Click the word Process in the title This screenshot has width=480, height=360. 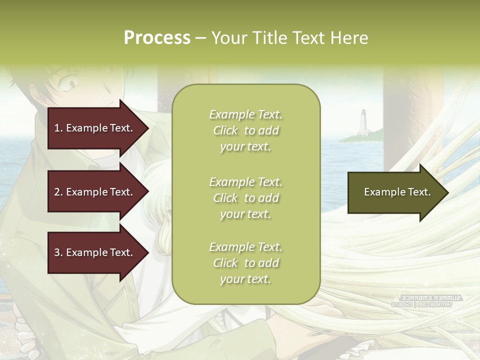157,38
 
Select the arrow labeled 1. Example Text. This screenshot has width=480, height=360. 93,128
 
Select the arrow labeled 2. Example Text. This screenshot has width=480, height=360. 93,192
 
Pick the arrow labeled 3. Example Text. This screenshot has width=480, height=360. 93,252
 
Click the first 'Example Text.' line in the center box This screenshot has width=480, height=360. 245,114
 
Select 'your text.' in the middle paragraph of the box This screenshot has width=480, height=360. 245,214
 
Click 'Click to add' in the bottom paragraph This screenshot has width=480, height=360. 245,263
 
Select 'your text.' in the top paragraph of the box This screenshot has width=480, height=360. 245,147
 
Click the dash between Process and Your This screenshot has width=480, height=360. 201,38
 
